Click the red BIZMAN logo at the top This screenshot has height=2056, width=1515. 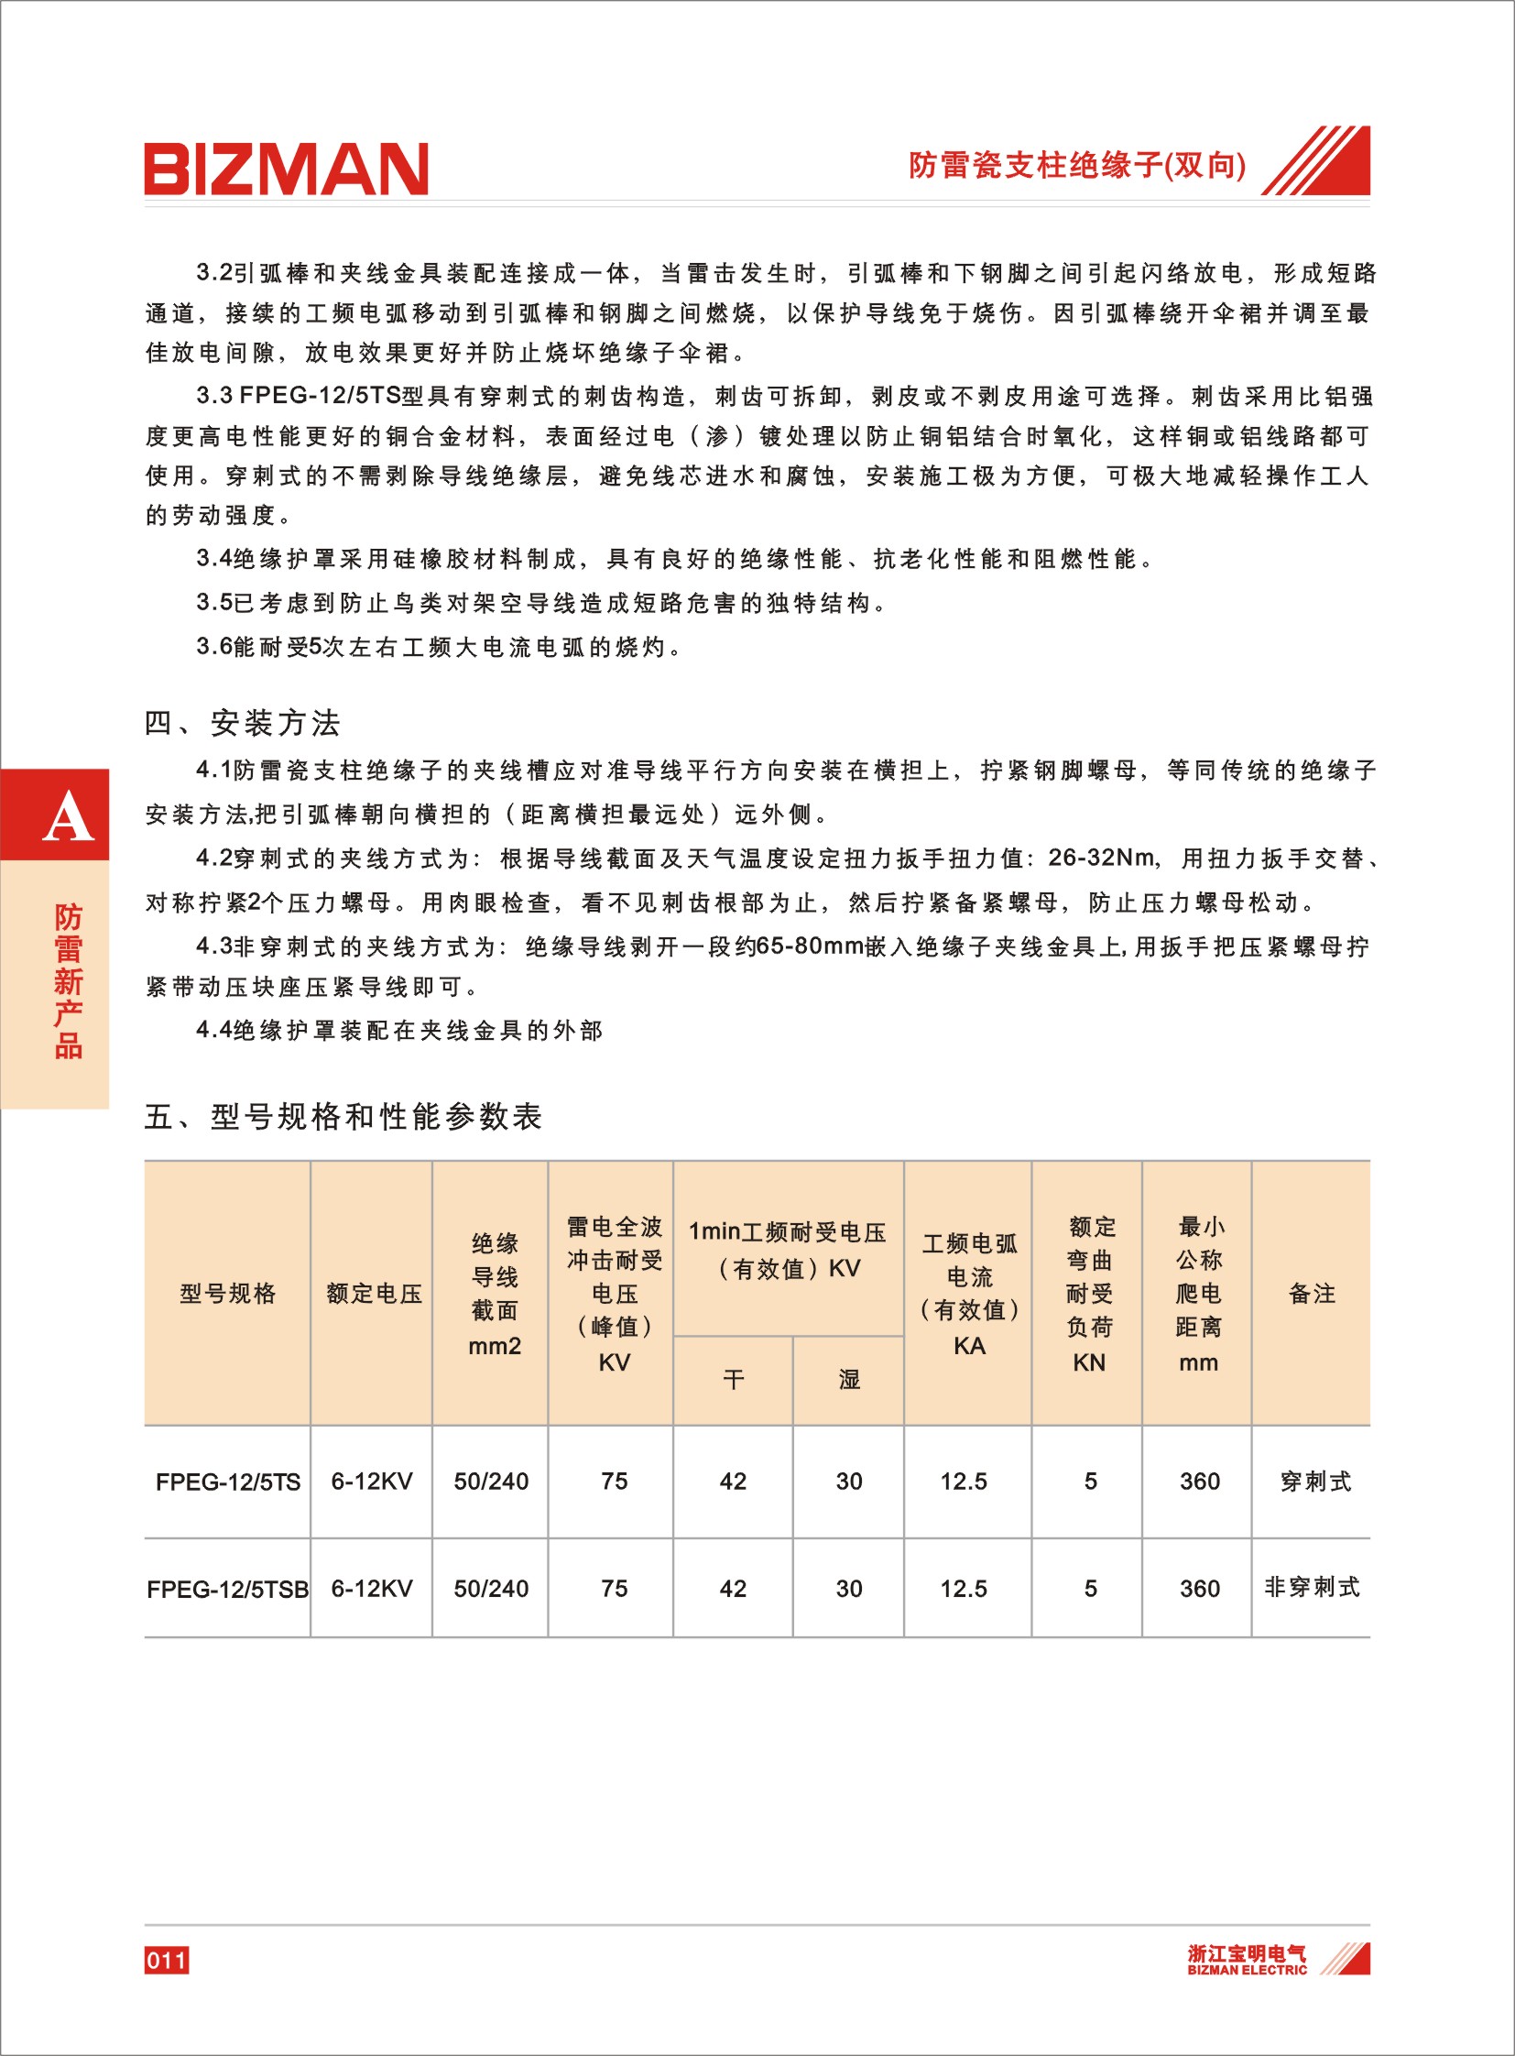[x=286, y=168]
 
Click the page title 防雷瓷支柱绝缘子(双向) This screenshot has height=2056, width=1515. [x=1076, y=165]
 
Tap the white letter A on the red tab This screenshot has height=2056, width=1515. [x=68, y=817]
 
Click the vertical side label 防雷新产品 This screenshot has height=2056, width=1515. [x=68, y=980]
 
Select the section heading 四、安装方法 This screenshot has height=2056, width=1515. [x=242, y=723]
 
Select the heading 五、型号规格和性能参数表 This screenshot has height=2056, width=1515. [x=343, y=1117]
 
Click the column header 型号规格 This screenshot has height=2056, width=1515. [x=227, y=1294]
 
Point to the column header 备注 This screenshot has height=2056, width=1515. [x=1312, y=1294]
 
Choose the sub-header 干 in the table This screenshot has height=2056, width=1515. [x=733, y=1379]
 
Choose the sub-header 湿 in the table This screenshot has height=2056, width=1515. [x=849, y=1379]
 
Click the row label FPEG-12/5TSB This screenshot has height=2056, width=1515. [x=227, y=1589]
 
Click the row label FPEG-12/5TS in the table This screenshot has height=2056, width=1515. [x=227, y=1482]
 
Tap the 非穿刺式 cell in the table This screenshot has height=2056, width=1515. [x=1312, y=1587]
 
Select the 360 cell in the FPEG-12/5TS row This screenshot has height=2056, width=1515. [x=1200, y=1482]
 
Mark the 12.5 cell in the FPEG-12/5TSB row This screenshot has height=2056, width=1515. [x=964, y=1589]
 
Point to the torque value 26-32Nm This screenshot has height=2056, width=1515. [x=1101, y=858]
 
